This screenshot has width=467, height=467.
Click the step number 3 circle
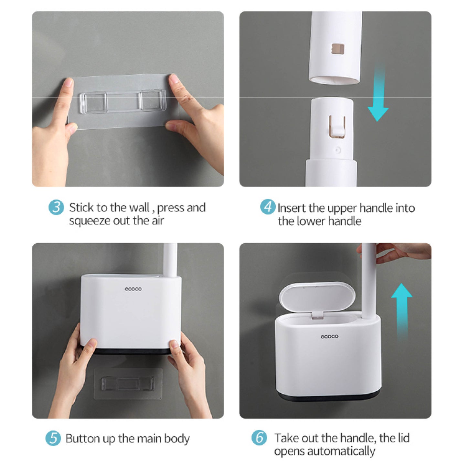56,208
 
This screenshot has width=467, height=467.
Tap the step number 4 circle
268,207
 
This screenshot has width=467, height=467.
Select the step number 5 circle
53,438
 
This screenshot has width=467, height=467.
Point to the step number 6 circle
259,438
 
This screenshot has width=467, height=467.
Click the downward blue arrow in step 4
378,93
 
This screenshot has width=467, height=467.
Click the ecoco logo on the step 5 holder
133,289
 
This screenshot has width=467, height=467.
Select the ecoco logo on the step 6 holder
329,337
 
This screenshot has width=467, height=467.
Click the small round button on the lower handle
337,151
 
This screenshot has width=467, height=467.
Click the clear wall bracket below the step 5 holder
128,383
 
